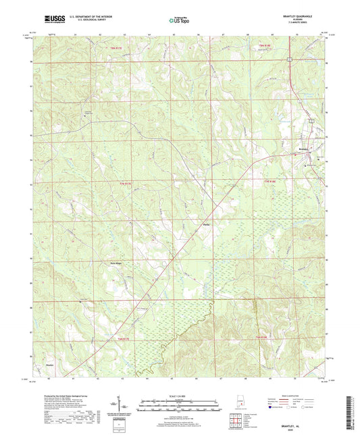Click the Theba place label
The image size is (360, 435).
(x=207, y=225)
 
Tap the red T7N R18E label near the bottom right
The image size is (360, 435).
(x=265, y=338)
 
